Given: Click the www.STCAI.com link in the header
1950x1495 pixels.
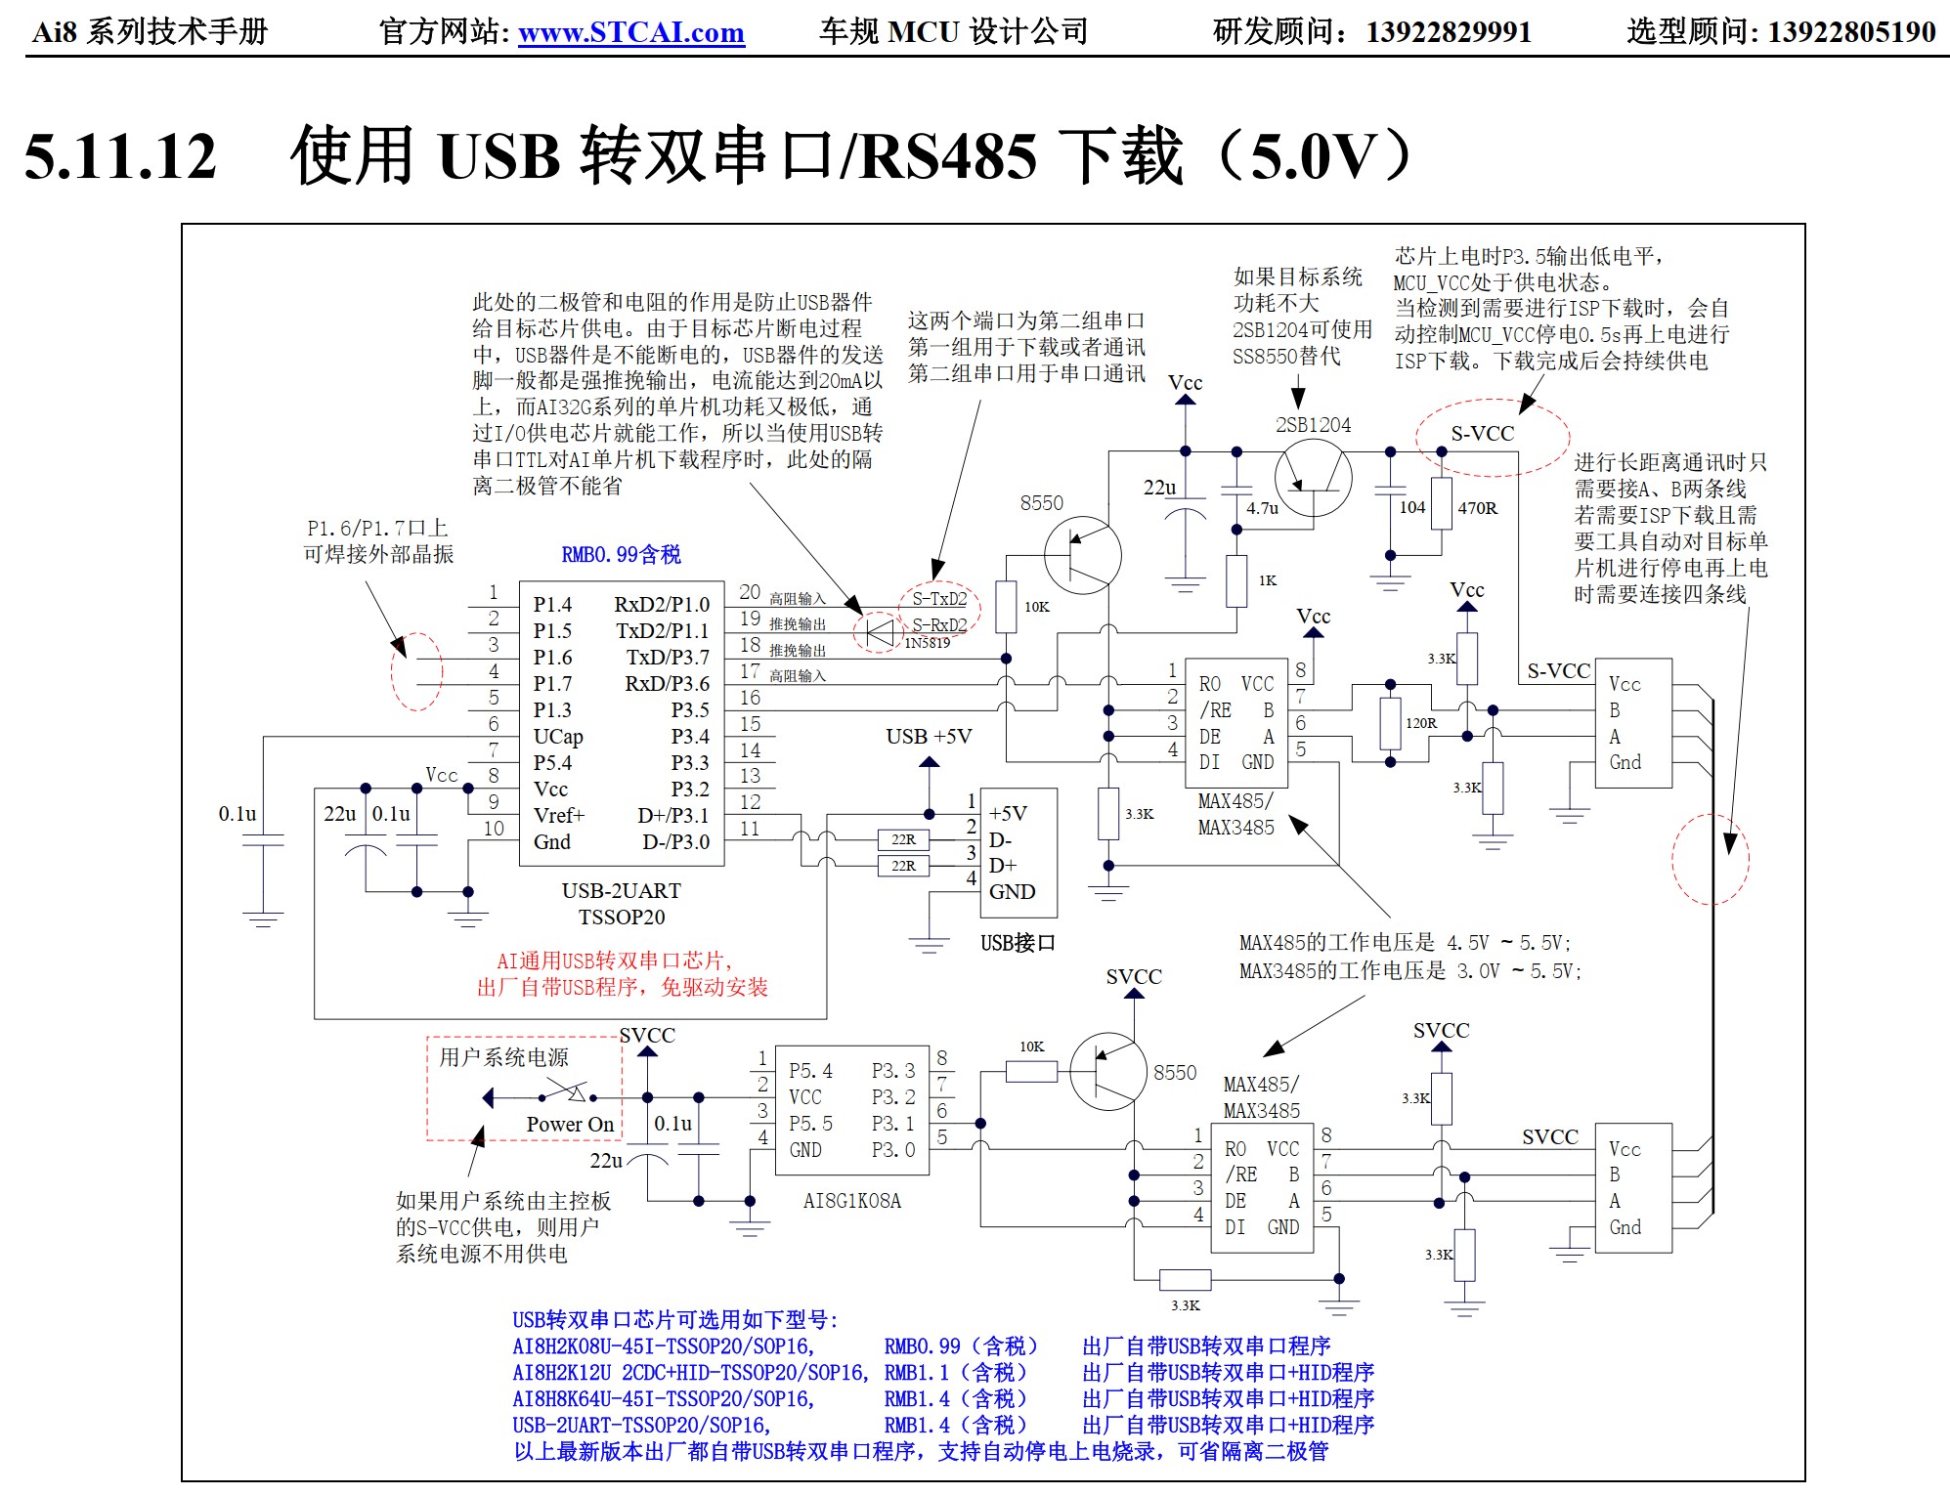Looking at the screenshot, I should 630,32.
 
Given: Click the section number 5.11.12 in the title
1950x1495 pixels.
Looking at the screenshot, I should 119,156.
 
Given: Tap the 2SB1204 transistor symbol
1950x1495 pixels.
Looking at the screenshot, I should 1313,478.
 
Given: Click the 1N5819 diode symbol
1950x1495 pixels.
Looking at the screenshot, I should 880,630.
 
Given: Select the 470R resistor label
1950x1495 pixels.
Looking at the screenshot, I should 1477,508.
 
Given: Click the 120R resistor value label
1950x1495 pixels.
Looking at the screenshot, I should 1420,723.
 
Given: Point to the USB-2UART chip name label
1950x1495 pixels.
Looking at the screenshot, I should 621,891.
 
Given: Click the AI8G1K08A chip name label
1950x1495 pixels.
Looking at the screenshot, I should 851,1201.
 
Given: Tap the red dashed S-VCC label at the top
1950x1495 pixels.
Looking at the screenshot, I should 1482,434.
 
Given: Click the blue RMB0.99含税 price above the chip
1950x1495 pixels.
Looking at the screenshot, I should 621,555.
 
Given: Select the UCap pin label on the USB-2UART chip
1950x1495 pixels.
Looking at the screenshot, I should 558,737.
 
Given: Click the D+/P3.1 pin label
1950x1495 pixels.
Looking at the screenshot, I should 673,816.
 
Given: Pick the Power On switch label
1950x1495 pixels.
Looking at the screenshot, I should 570,1125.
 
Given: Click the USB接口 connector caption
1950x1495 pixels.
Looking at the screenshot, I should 1018,943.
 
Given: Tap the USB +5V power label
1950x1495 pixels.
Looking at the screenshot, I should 929,737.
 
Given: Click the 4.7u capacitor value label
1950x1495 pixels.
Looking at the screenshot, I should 1262,508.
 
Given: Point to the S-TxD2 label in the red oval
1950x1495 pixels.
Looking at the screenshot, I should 939,599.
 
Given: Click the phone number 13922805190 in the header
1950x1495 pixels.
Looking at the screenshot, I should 1851,32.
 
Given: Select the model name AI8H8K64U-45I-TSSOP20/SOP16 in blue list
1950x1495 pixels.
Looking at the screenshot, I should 664,1399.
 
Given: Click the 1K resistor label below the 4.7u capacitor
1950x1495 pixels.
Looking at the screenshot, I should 1267,580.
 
